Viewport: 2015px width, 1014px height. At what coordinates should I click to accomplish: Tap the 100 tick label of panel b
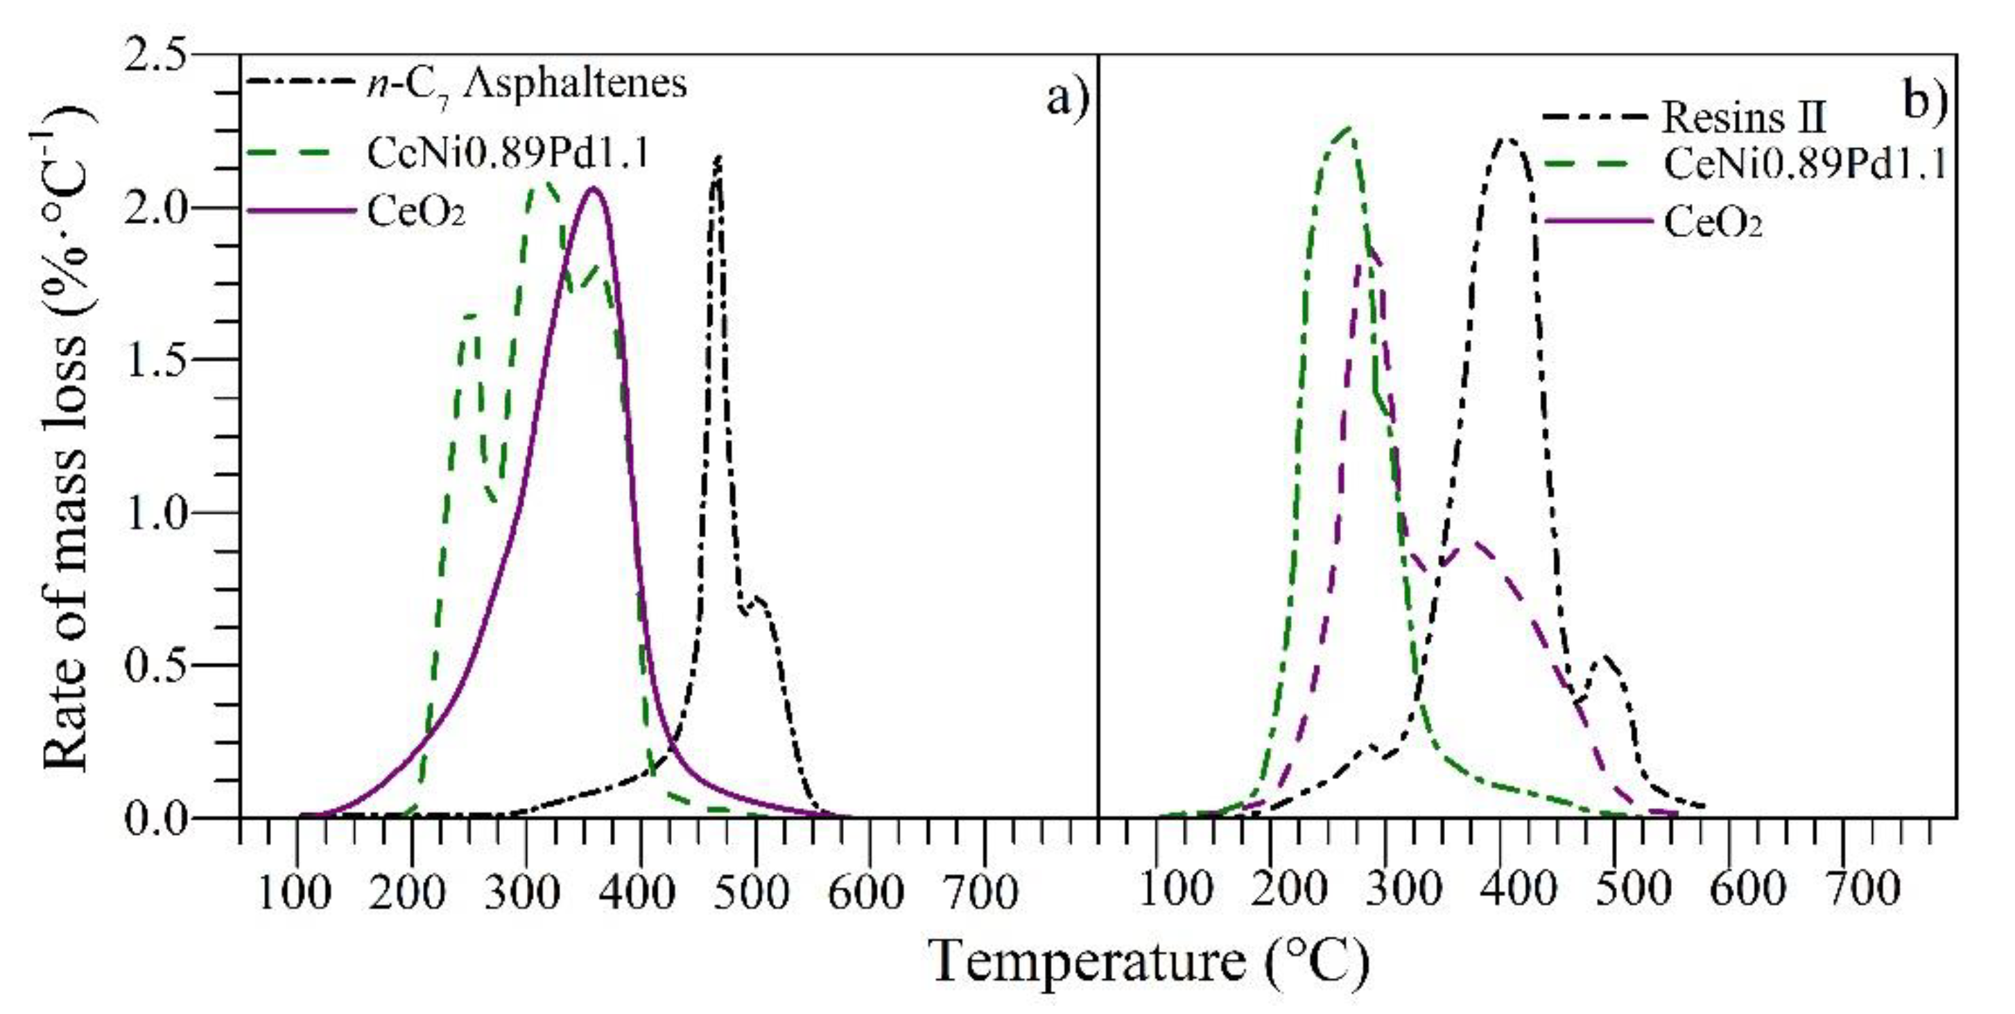click(x=1176, y=891)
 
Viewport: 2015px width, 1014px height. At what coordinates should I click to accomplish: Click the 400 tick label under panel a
click(x=639, y=892)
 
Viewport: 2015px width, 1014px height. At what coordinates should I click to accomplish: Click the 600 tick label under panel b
click(x=1747, y=891)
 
